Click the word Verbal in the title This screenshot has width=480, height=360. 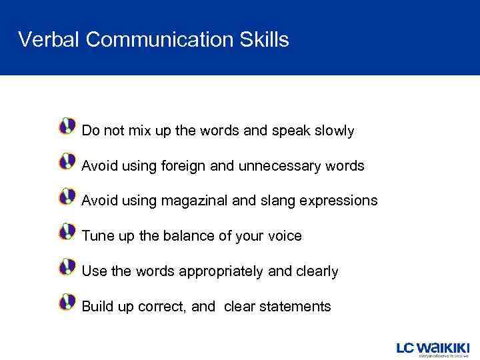tap(49, 40)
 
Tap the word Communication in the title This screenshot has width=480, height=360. tap(159, 40)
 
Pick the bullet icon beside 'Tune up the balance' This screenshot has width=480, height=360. tap(67, 232)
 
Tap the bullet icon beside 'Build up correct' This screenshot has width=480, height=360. tap(67, 303)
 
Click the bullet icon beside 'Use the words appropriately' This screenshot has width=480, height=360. tap(67, 267)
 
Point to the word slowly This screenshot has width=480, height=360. tap(333, 131)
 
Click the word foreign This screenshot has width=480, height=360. tap(183, 166)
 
